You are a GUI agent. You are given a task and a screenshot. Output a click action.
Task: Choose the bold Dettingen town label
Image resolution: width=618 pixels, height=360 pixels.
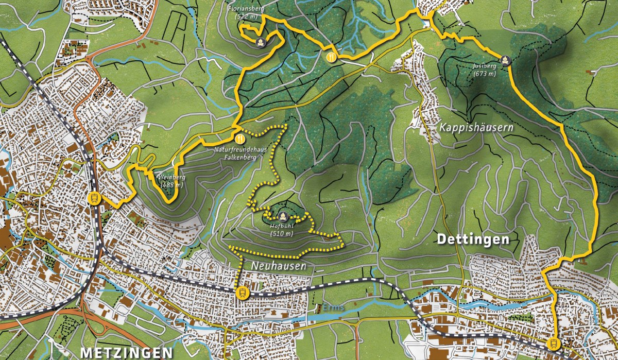click(473, 239)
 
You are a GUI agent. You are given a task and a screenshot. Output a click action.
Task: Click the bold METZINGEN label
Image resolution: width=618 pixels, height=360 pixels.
click(126, 353)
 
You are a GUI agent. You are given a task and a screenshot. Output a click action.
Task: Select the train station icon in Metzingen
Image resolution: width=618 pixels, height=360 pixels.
click(94, 198)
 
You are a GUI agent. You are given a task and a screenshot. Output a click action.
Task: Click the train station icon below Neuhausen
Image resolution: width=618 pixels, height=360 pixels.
click(242, 293)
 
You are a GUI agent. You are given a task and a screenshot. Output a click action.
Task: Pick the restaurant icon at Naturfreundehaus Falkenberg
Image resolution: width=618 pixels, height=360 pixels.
click(239, 139)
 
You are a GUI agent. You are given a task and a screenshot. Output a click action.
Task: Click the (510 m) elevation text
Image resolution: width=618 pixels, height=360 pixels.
click(282, 233)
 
